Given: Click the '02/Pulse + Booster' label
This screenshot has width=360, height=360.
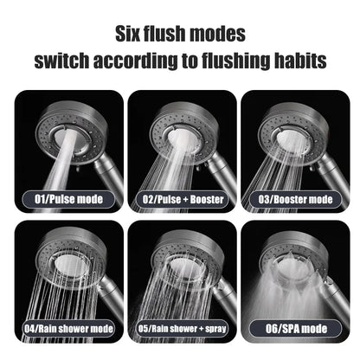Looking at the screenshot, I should click(179, 199).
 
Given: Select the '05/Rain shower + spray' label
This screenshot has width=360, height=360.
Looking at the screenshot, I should click(179, 329).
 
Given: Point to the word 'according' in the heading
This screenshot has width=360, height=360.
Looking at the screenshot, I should click(143, 62).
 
